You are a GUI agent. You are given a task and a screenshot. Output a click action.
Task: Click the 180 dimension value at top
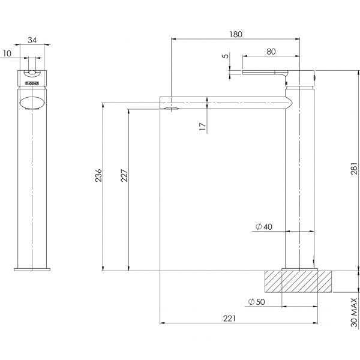click(235, 34)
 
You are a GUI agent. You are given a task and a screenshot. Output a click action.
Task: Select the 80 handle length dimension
click(271, 52)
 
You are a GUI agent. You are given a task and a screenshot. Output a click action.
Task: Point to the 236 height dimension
click(99, 175)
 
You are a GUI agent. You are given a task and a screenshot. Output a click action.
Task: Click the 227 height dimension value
click(124, 175)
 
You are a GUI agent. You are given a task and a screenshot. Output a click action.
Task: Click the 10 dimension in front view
click(6, 53)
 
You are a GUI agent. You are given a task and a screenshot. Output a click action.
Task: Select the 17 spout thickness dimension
click(202, 126)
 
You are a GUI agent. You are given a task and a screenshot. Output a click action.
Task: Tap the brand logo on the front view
click(32, 76)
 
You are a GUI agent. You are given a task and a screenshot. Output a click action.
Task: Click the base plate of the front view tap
click(32, 269)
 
